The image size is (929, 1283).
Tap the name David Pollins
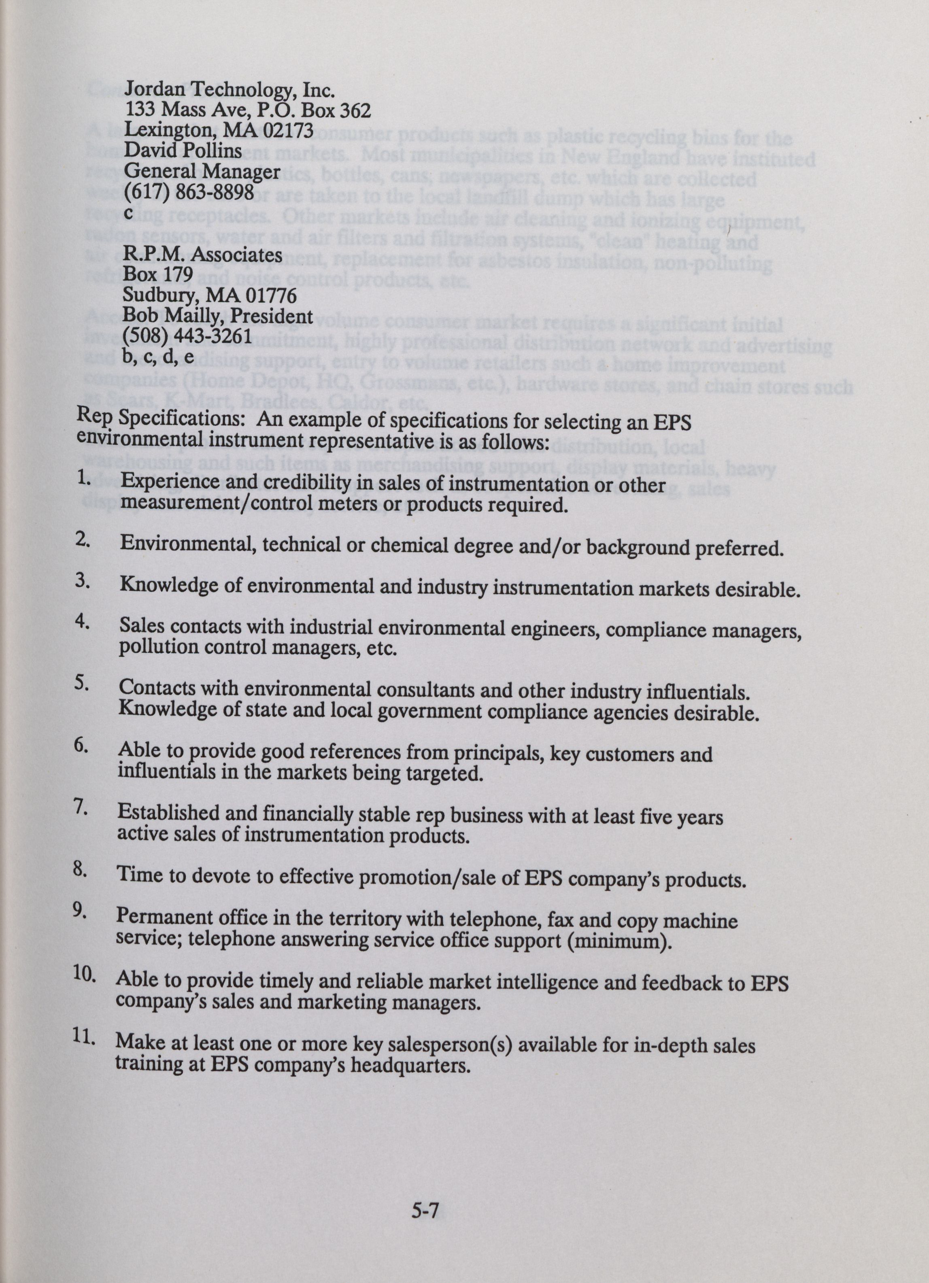tap(183, 151)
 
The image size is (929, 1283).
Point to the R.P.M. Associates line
tap(202, 255)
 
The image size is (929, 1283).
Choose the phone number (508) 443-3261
tap(187, 337)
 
